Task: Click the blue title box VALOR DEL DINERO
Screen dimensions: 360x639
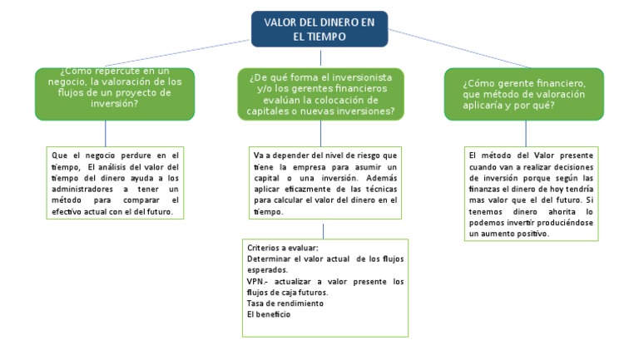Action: [319, 29]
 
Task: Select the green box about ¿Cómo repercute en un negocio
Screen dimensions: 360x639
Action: [114, 93]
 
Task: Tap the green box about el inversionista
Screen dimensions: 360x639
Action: [320, 94]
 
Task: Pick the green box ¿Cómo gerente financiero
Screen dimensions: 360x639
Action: [526, 94]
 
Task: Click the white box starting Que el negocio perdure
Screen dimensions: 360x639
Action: [115, 184]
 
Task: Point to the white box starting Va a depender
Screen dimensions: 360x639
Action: [325, 184]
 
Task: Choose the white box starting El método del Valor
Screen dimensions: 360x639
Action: [531, 194]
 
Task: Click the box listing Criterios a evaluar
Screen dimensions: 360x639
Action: [325, 287]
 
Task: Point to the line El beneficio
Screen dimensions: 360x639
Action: [266, 314]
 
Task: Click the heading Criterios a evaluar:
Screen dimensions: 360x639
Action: [283, 248]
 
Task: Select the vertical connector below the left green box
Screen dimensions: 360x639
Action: [106, 133]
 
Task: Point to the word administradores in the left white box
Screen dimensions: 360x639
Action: [83, 189]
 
